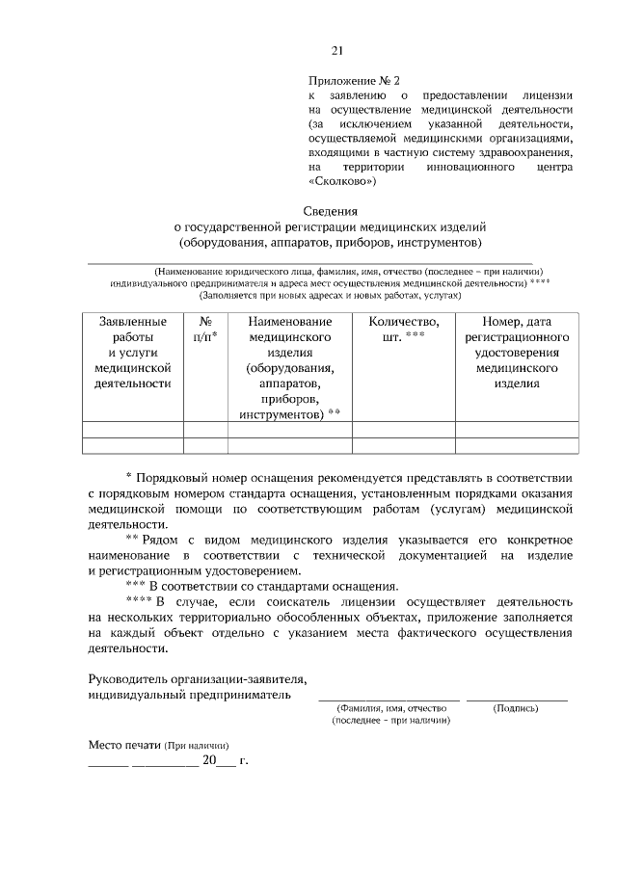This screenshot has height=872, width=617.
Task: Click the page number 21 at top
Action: pyautogui.click(x=336, y=51)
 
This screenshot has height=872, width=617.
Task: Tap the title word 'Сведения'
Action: pyautogui.click(x=331, y=210)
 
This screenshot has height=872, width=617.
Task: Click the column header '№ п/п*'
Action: pyautogui.click(x=204, y=330)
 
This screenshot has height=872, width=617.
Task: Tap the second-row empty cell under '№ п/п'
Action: pyautogui.click(x=204, y=445)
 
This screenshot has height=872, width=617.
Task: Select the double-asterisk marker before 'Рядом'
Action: pyautogui.click(x=133, y=539)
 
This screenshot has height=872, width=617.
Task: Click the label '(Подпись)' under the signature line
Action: pyautogui.click(x=516, y=708)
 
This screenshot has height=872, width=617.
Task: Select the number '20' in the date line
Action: pyautogui.click(x=209, y=761)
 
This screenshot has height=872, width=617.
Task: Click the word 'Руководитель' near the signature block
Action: pyautogui.click(x=130, y=678)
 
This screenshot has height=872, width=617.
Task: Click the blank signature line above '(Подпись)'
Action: pyautogui.click(x=517, y=699)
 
